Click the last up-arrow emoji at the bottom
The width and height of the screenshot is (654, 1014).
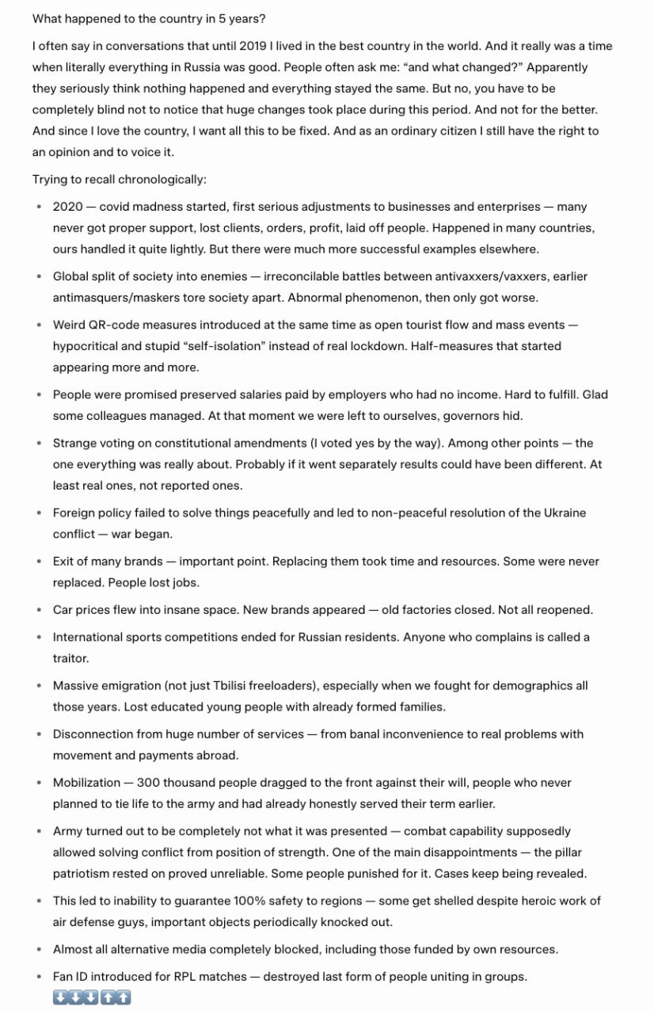coord(123,997)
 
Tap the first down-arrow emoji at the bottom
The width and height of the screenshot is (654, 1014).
coord(61,997)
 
